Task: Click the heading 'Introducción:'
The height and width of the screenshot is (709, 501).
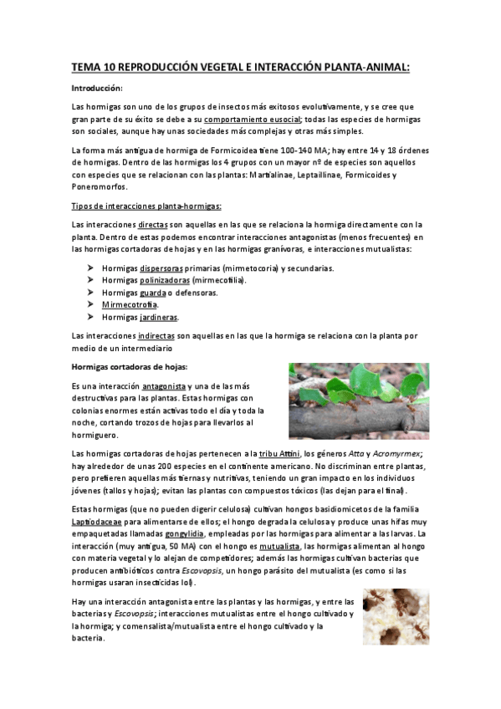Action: click(97, 88)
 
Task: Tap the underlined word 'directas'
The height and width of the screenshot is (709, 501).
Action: click(153, 225)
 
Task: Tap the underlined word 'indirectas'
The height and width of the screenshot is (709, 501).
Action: click(156, 335)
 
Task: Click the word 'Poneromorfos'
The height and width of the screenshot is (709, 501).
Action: click(100, 187)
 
